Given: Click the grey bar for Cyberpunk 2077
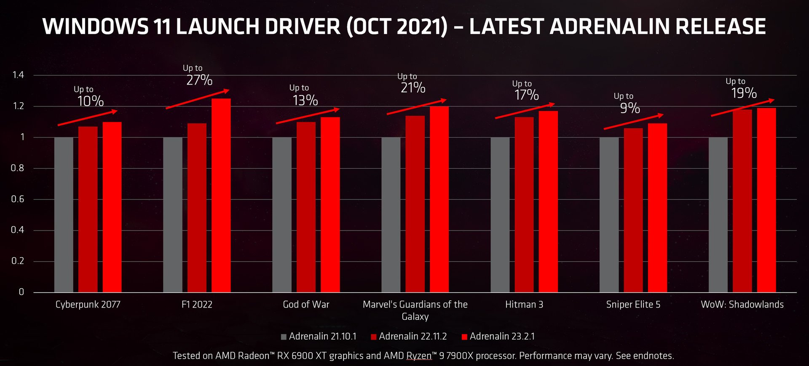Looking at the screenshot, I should tap(64, 215).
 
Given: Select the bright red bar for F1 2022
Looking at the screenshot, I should tap(221, 196).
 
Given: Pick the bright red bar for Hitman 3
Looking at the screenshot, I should tap(548, 202).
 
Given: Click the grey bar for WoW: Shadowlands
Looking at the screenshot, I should tap(718, 215).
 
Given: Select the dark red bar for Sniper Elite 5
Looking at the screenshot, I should tap(633, 210).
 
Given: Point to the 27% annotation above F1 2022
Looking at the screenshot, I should tap(199, 80).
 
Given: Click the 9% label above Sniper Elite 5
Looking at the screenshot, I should tap(630, 108).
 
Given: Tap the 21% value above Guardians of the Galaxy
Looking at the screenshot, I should tap(413, 88).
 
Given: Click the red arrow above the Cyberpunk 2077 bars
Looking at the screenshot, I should tap(88, 118).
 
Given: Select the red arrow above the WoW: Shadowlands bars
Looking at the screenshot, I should tap(742, 108).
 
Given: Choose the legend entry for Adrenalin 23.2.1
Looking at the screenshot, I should tap(498, 337).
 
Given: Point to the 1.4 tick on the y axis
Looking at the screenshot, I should tap(18, 75).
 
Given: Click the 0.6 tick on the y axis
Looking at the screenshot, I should tap(17, 199).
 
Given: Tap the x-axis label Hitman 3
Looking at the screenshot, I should tap(524, 305).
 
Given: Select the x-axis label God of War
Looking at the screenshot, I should tap(306, 305).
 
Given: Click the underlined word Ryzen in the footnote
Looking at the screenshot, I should tap(418, 356).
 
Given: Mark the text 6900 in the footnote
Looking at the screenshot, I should tap(302, 356).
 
